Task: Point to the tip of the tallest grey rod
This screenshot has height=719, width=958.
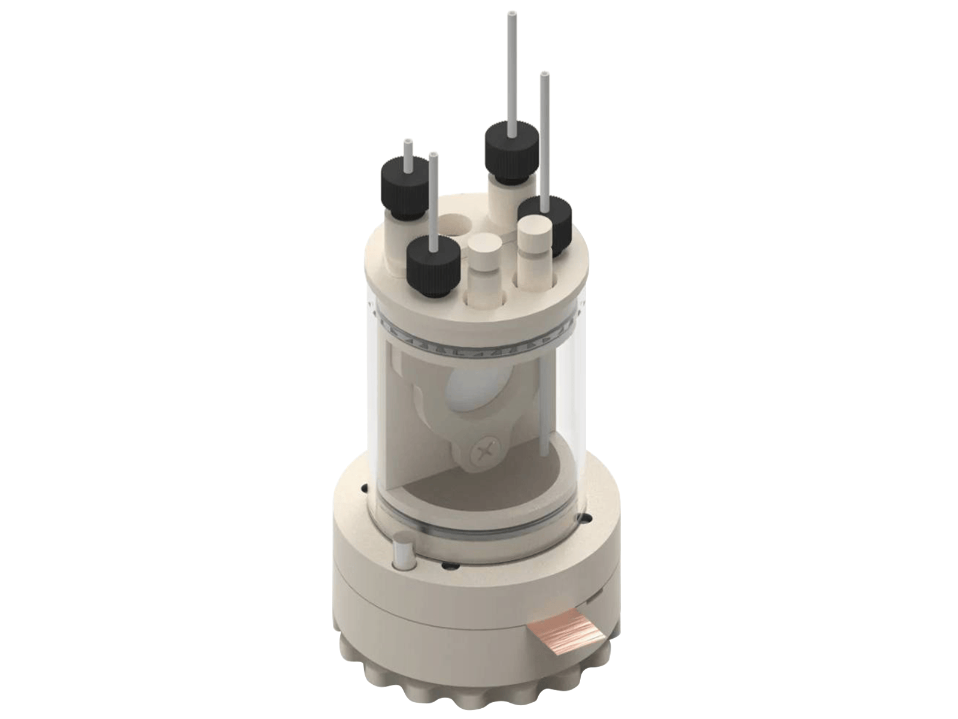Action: tap(513, 13)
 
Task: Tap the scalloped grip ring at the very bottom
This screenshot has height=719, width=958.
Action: tap(467, 677)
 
